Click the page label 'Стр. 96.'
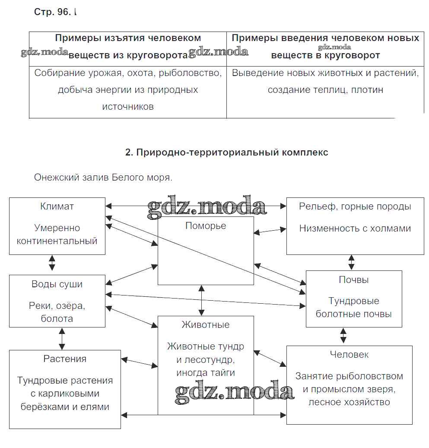coord(52,13)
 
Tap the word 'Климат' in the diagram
coord(57,207)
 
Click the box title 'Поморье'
coord(206,226)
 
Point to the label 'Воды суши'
coord(57,284)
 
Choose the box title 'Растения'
coord(65,359)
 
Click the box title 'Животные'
coord(206,324)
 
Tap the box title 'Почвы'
coord(354,280)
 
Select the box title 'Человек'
coord(349,354)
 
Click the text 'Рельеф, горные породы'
coord(355,207)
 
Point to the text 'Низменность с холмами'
coord(355,229)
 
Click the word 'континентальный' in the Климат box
coord(57,241)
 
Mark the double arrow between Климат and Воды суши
coord(52,262)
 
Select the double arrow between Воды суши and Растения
coord(62,338)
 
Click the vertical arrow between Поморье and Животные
coord(201,300)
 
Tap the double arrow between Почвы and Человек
coord(343,335)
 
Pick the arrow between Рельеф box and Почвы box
coord(352,262)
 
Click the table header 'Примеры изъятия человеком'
coord(128,38)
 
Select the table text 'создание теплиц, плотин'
coord(325,90)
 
